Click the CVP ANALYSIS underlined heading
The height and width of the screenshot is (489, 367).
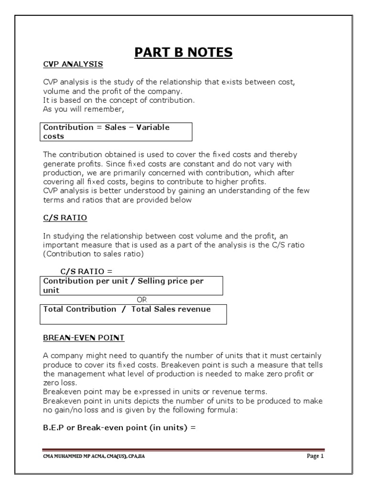(73, 64)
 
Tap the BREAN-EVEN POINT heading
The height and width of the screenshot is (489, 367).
(84, 338)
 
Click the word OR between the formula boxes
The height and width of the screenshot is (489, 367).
(142, 299)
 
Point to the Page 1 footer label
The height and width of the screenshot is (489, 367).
(315, 456)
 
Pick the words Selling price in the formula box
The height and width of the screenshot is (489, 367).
(160, 281)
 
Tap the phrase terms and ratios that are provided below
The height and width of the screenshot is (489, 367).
(117, 200)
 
